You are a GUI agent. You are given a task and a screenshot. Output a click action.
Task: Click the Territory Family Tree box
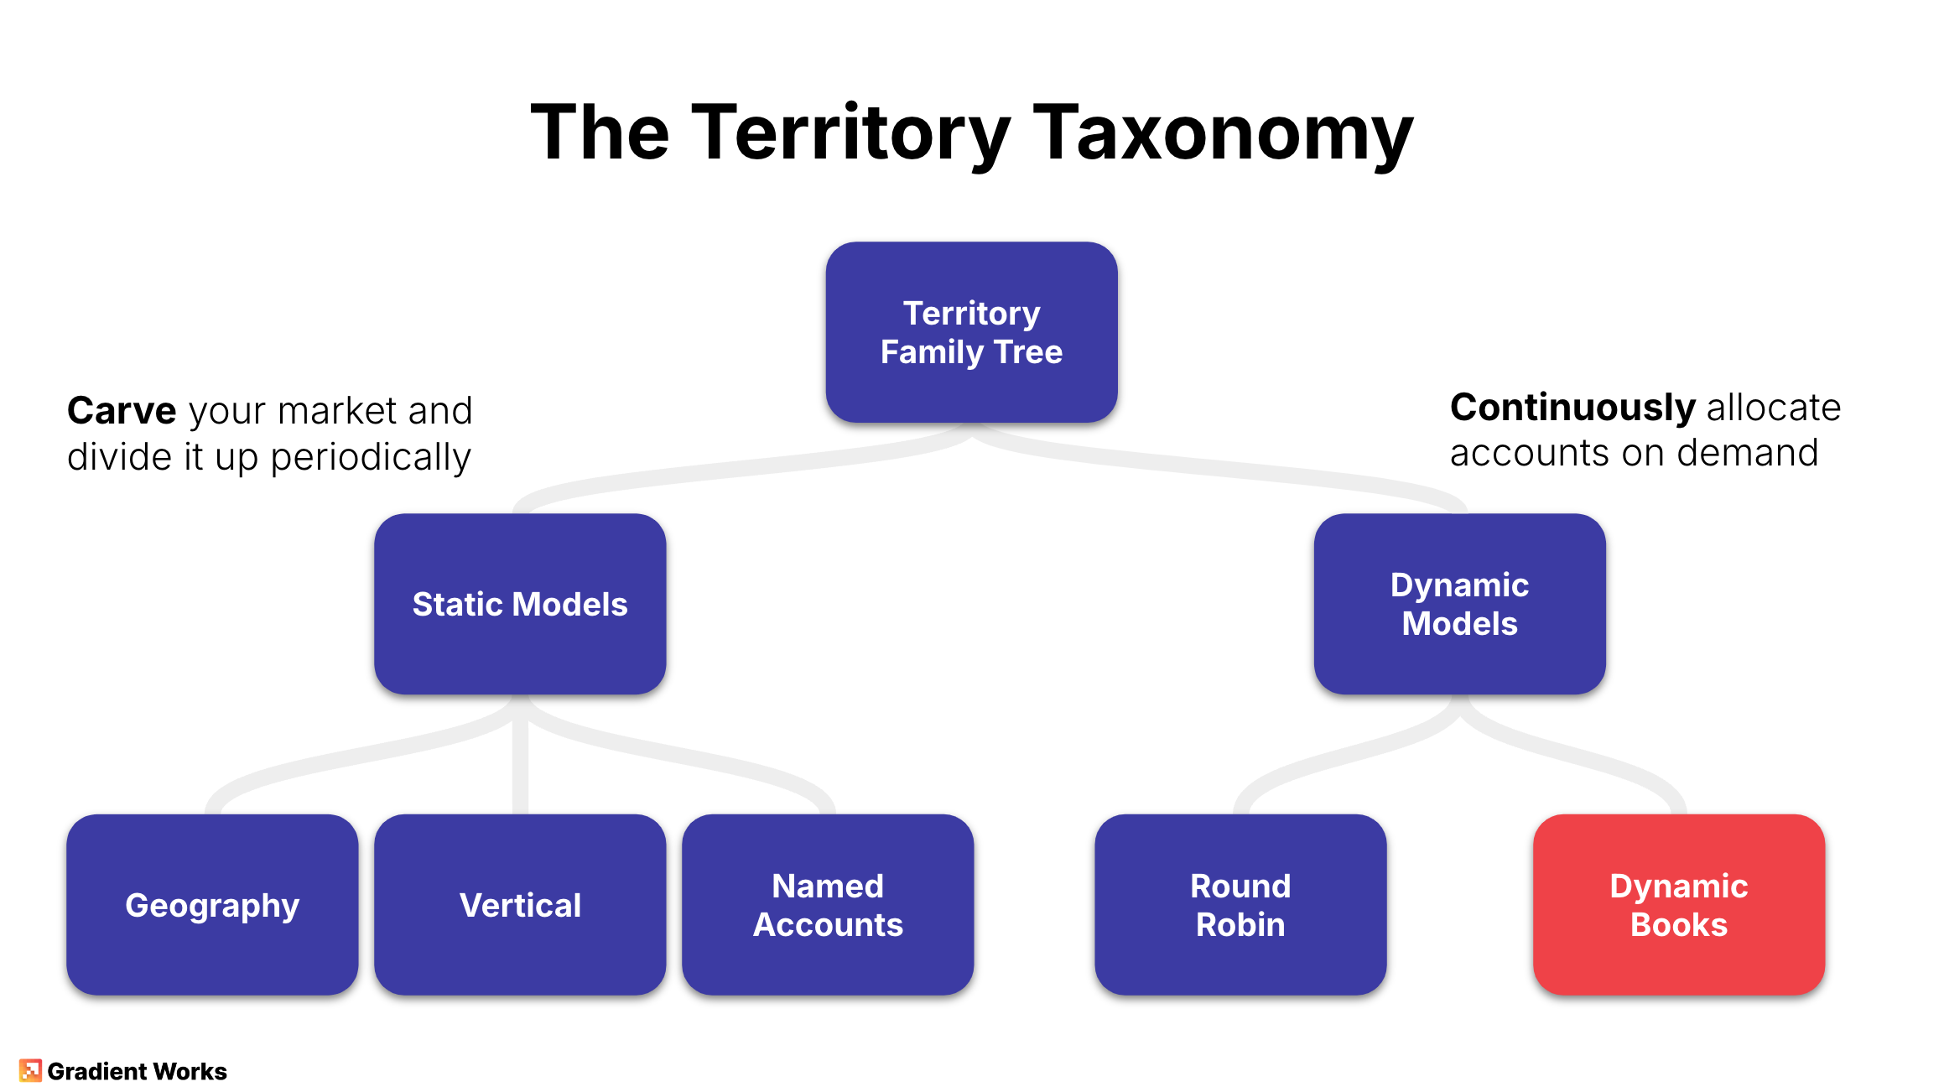point(971,332)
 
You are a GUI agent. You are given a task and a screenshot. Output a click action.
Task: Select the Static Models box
point(520,604)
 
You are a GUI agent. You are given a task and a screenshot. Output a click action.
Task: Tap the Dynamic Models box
point(1459,604)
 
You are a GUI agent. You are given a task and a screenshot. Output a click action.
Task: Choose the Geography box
point(212,904)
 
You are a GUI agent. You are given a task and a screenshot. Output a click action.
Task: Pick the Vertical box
point(520,904)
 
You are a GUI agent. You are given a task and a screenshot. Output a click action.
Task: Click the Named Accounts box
point(828,904)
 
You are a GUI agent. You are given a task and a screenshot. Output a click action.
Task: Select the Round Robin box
point(1240,904)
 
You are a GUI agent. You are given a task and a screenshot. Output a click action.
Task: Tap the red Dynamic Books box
point(1679,904)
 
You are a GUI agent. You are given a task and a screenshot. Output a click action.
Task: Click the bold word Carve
point(122,411)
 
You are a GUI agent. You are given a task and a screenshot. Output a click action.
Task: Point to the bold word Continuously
point(1572,408)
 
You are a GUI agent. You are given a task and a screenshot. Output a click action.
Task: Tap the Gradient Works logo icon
point(30,1070)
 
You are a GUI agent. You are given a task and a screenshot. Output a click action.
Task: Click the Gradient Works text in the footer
point(137,1071)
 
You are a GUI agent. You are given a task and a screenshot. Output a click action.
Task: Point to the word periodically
point(370,457)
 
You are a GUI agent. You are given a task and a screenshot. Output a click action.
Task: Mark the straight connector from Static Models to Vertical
point(520,755)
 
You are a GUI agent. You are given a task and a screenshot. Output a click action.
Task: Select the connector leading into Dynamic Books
point(1593,755)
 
